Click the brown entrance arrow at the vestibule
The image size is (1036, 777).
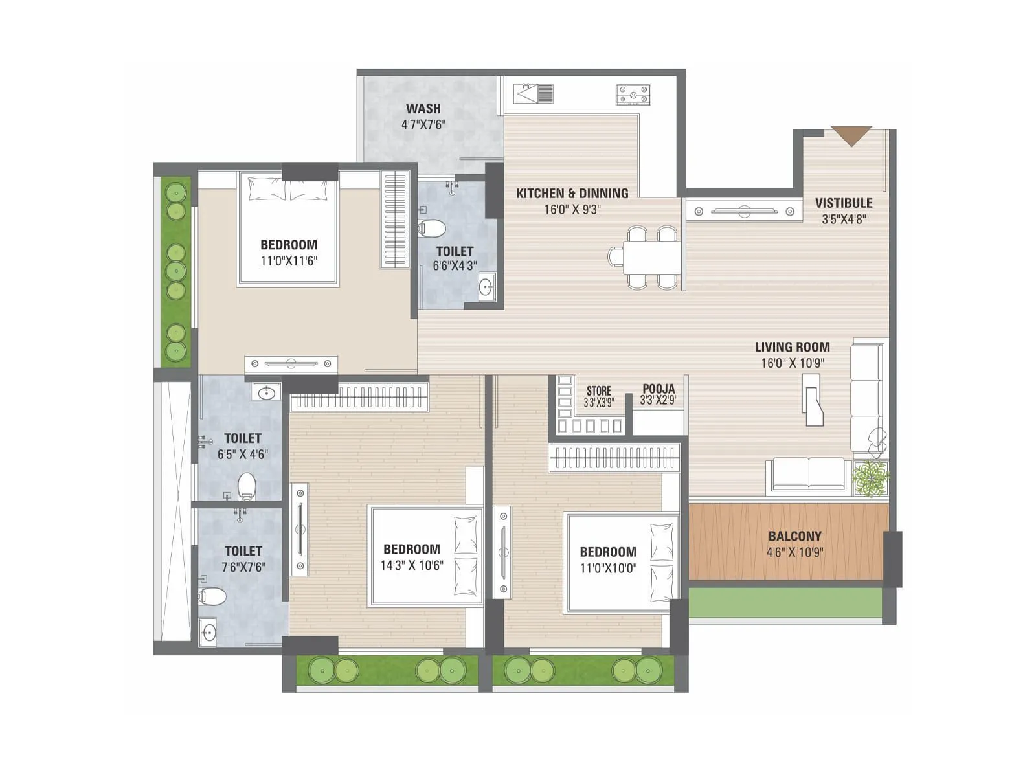(x=851, y=135)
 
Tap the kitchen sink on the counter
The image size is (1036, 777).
(x=535, y=94)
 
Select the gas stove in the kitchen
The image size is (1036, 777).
(x=633, y=95)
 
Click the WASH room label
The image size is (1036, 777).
(x=423, y=109)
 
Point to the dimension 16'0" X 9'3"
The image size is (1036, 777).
(x=572, y=210)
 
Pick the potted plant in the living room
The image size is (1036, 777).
(x=871, y=479)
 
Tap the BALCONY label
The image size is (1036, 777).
(x=794, y=536)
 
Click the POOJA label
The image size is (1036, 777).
(x=659, y=389)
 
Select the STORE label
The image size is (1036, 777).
(x=598, y=391)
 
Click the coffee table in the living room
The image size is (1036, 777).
(x=813, y=401)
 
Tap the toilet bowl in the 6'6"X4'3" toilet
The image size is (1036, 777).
(x=433, y=227)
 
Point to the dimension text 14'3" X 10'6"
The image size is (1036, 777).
(x=412, y=565)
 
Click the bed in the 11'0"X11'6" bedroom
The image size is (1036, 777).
(x=288, y=230)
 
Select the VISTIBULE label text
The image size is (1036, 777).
(x=844, y=203)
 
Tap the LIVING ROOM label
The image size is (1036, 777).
(x=792, y=347)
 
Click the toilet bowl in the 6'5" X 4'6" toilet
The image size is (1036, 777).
(x=247, y=486)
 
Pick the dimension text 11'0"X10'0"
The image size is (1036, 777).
(x=608, y=569)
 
